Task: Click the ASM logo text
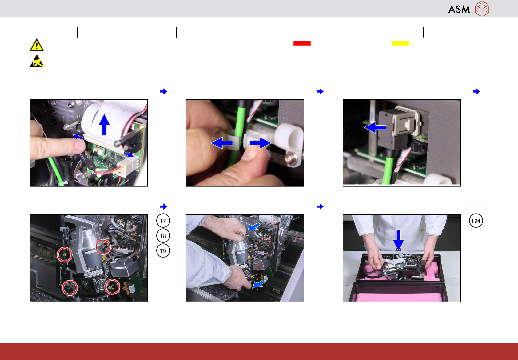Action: [x=459, y=9]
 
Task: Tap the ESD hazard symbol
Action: [x=37, y=61]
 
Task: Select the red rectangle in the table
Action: [x=302, y=43]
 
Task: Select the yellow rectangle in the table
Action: [x=400, y=43]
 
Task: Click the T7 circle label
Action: [x=163, y=221]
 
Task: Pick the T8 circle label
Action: [x=163, y=236]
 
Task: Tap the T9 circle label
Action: [x=163, y=250]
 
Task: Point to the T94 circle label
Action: [x=476, y=221]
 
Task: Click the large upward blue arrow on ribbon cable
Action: [x=104, y=125]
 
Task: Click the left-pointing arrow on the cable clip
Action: [x=222, y=143]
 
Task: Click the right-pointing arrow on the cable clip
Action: [x=261, y=143]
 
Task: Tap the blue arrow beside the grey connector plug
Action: [x=375, y=127]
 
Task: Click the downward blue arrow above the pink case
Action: [x=398, y=240]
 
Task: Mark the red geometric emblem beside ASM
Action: [x=482, y=9]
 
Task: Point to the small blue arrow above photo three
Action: [x=476, y=92]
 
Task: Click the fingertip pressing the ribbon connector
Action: [x=79, y=145]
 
